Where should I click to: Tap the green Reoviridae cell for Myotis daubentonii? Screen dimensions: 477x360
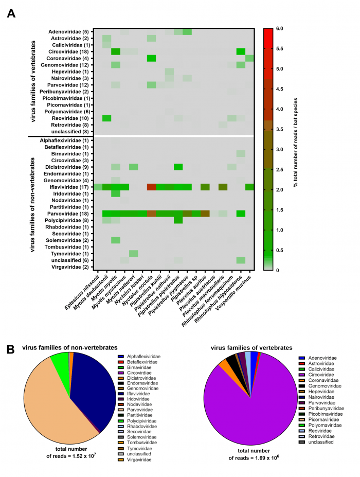pos(107,118)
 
